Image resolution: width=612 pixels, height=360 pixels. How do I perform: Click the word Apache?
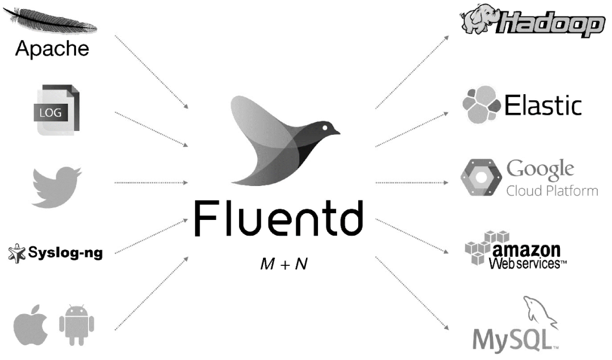click(x=52, y=48)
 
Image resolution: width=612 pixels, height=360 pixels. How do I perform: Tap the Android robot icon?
click(x=76, y=325)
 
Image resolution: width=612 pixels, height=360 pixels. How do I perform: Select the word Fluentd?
click(x=277, y=218)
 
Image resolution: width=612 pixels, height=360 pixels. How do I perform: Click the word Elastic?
click(x=543, y=105)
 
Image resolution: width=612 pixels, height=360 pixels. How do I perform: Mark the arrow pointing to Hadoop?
click(x=412, y=71)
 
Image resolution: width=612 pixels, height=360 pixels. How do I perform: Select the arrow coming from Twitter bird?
click(x=151, y=183)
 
